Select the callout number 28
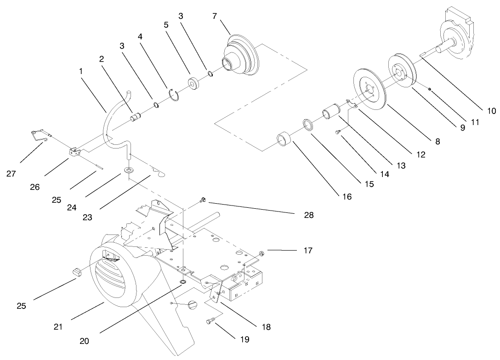click(x=308, y=214)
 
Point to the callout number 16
click(x=347, y=196)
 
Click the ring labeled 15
click(x=308, y=125)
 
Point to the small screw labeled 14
click(x=337, y=133)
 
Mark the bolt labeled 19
click(x=211, y=321)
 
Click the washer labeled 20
click(x=183, y=281)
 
